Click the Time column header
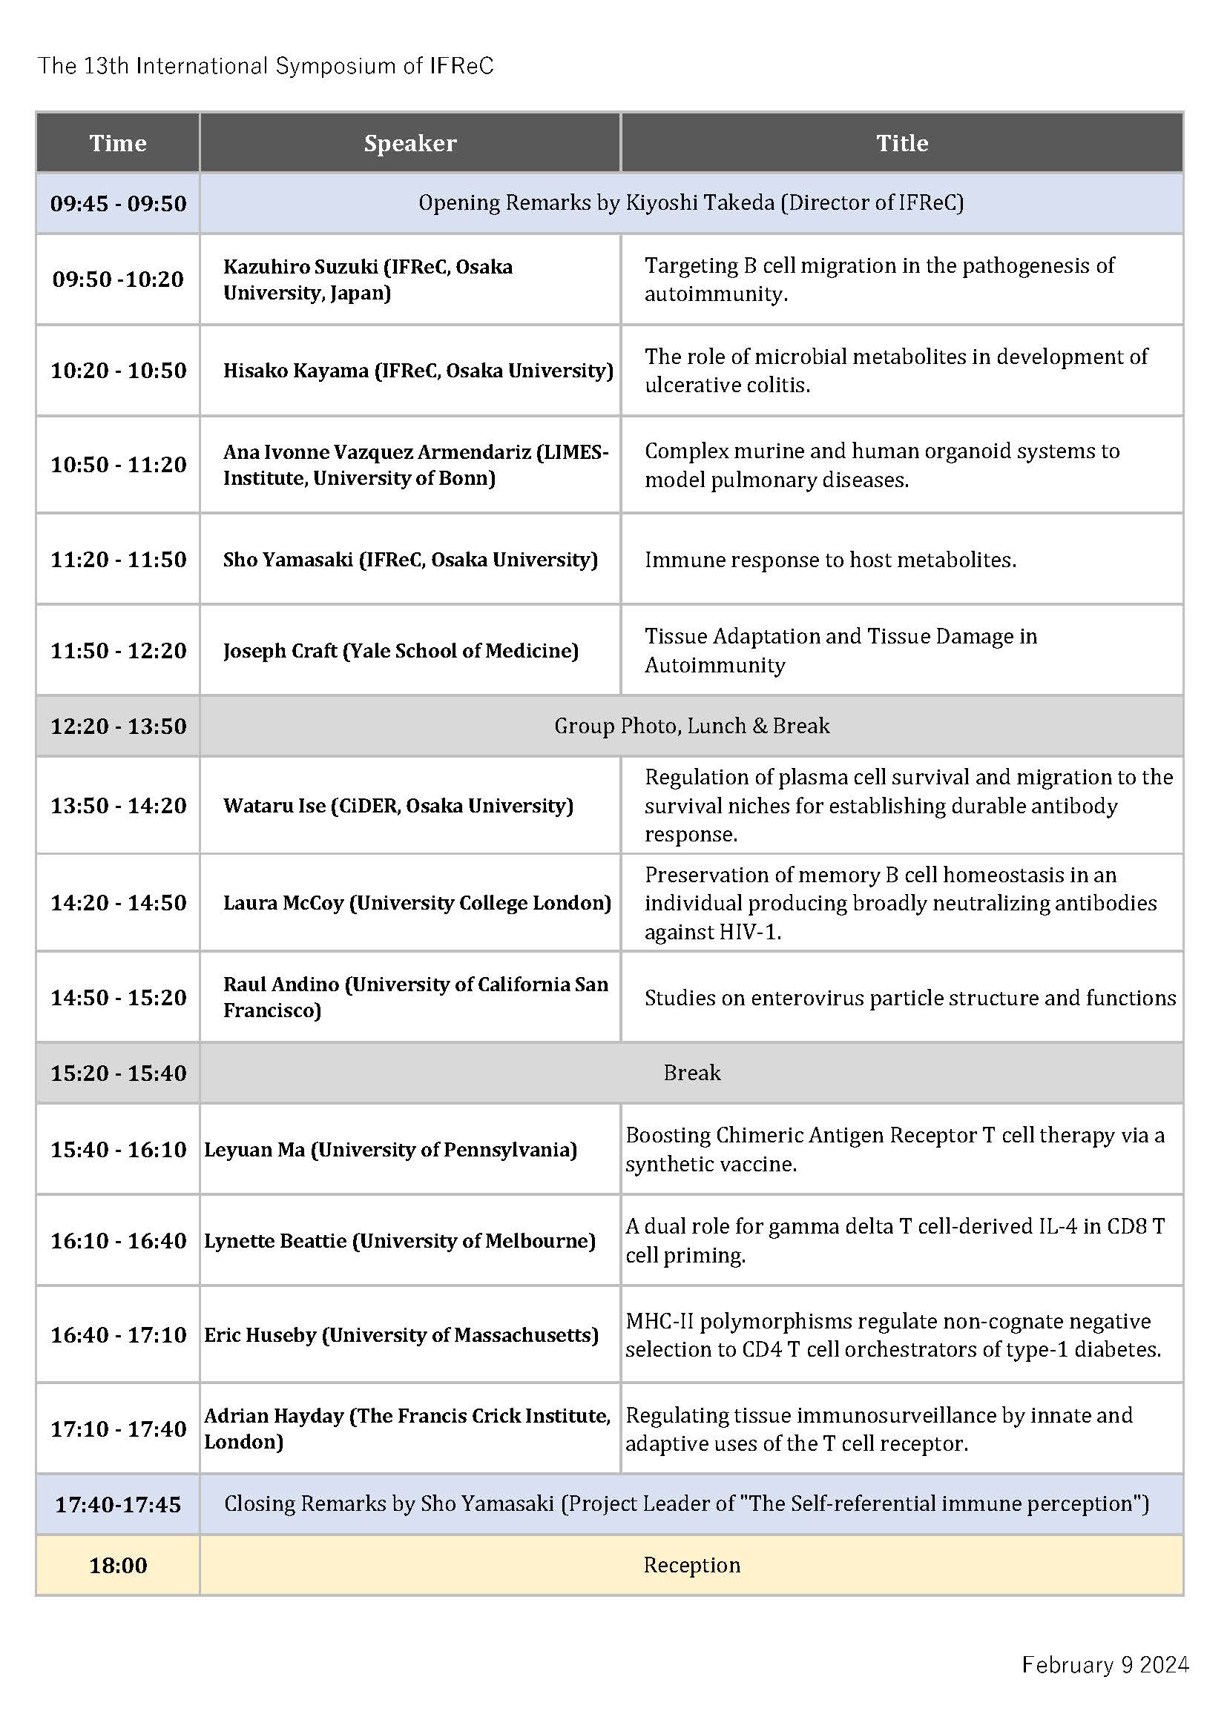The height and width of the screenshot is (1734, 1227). (118, 144)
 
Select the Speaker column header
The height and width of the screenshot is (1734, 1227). (409, 144)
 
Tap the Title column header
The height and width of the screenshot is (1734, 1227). (901, 144)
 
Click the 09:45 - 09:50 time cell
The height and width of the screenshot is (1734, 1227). (118, 204)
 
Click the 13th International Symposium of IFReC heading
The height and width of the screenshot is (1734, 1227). (266, 67)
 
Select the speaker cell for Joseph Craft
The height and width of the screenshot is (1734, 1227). (401, 651)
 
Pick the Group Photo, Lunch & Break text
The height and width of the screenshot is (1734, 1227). (691, 726)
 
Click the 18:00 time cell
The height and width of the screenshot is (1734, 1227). (118, 1566)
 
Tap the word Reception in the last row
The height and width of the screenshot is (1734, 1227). (691, 1566)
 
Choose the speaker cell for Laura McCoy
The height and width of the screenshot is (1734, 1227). (416, 903)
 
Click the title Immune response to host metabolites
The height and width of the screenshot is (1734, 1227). (829, 560)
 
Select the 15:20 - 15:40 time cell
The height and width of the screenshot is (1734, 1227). (118, 1073)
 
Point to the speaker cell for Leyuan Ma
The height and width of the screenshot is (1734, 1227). (390, 1150)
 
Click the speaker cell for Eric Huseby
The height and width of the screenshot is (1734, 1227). (401, 1334)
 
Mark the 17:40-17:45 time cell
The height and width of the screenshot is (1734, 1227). (118, 1504)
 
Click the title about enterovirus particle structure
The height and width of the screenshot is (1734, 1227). (909, 999)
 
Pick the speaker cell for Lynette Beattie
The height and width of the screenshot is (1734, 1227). (400, 1241)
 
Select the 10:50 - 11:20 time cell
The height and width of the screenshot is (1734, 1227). (118, 465)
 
